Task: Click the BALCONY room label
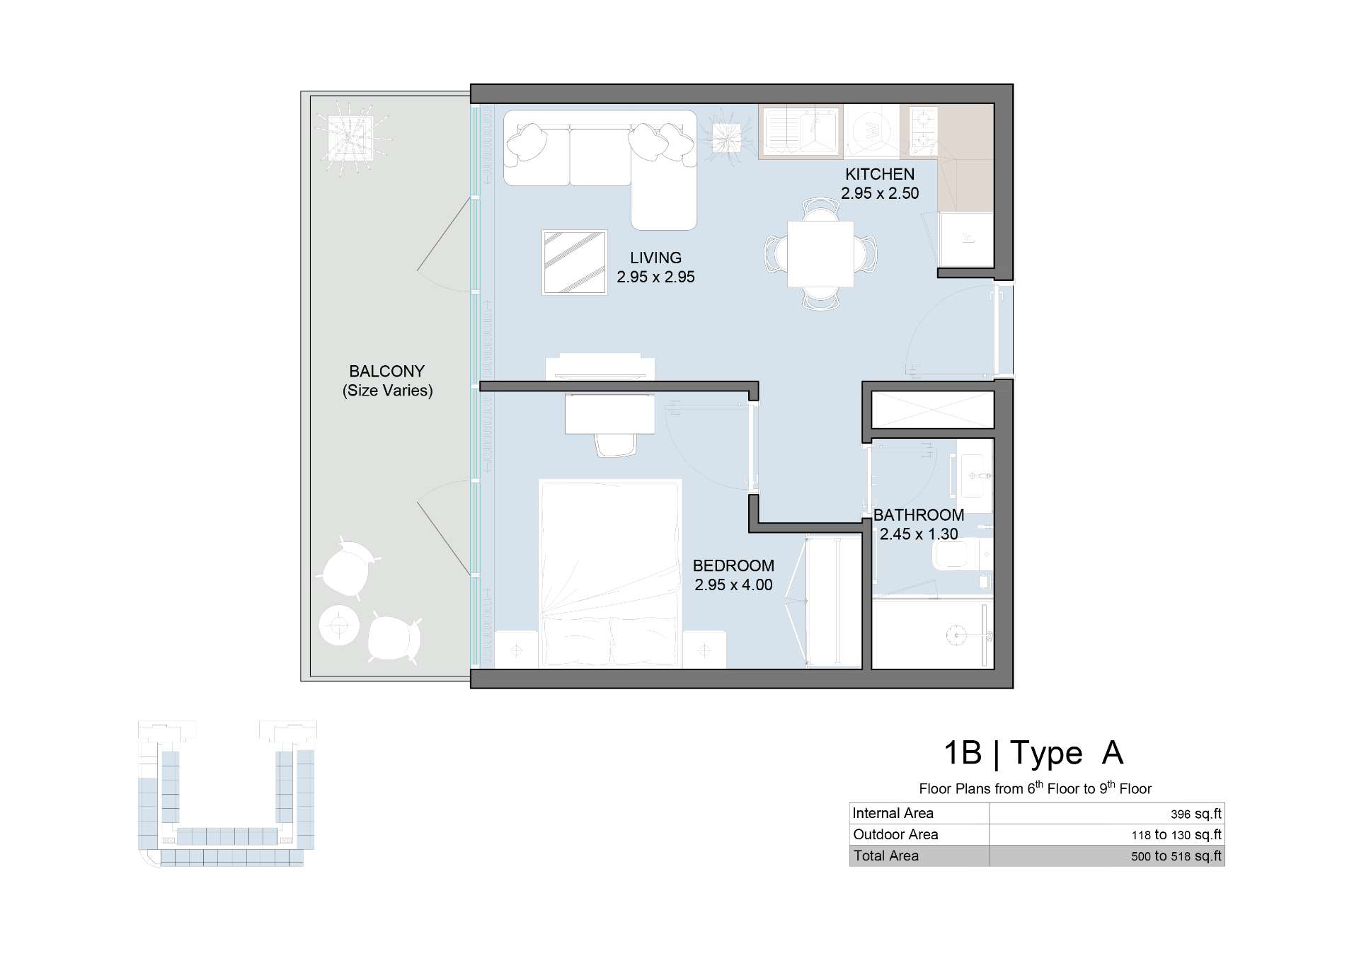tap(386, 372)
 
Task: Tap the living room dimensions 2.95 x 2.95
tap(655, 277)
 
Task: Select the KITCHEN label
tap(880, 174)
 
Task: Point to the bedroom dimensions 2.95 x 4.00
tap(733, 585)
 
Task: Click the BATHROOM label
tap(919, 515)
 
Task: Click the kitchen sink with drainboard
tap(801, 131)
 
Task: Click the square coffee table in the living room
tap(575, 262)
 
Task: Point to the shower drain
tap(956, 635)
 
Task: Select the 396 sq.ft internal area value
tap(1196, 814)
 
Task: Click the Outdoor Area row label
tap(895, 834)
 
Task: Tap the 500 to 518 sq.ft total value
tap(1176, 856)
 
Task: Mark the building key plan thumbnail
tap(226, 793)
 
